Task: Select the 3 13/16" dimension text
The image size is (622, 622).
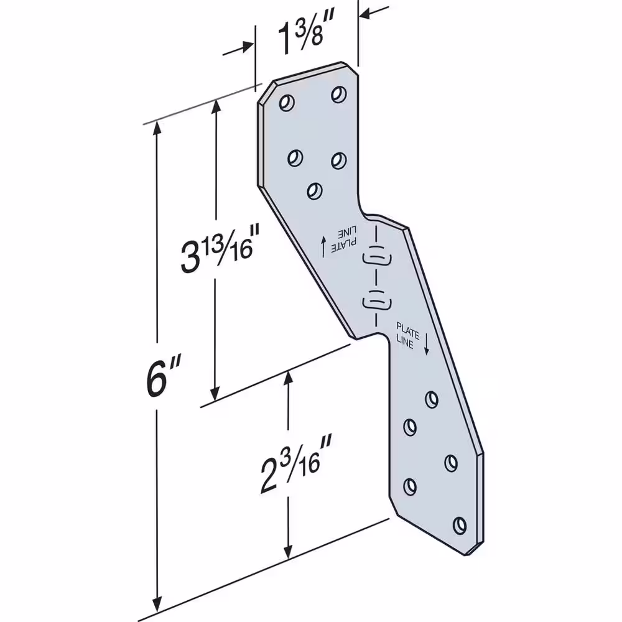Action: [216, 249]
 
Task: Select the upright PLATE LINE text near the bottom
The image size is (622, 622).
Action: [408, 336]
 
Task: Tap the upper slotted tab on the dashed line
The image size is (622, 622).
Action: [378, 258]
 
